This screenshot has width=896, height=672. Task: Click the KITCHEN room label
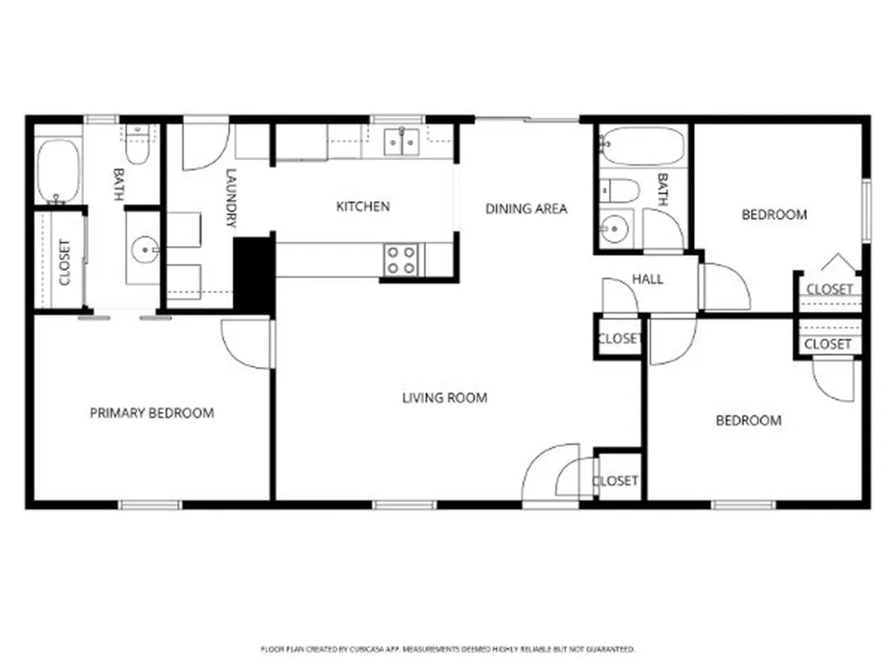pos(363,206)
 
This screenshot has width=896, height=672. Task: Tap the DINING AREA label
pos(526,208)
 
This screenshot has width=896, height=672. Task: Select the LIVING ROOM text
pos(444,398)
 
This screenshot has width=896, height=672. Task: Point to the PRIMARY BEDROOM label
pos(151,413)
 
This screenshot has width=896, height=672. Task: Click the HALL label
pos(647,279)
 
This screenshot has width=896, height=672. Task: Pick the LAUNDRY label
pos(231,198)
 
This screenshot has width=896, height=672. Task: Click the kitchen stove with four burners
pos(402,259)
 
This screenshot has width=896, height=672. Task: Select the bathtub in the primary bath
pos(59,171)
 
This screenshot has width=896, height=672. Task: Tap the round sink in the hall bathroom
pos(615,229)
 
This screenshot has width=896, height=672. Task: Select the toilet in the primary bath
pos(136,147)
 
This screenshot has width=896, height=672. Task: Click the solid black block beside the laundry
pos(254,274)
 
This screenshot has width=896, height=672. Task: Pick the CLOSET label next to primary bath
pos(64,262)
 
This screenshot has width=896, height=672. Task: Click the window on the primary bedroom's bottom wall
pos(150,505)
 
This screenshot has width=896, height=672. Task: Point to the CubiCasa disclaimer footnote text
pos(447,649)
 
